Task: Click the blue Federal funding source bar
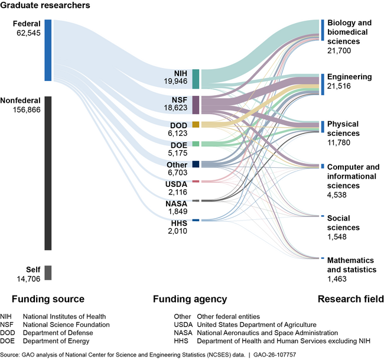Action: (48, 50)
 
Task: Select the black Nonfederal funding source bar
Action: (48, 173)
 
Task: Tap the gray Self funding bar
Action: (48, 273)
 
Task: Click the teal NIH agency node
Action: (196, 79)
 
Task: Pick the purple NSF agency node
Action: (196, 104)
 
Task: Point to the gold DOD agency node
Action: (196, 125)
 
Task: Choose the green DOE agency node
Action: (196, 144)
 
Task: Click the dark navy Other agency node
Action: (196, 164)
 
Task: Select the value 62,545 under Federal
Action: (28, 34)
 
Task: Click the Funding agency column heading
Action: (190, 299)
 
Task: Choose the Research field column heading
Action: (350, 299)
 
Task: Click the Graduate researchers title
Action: (45, 6)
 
